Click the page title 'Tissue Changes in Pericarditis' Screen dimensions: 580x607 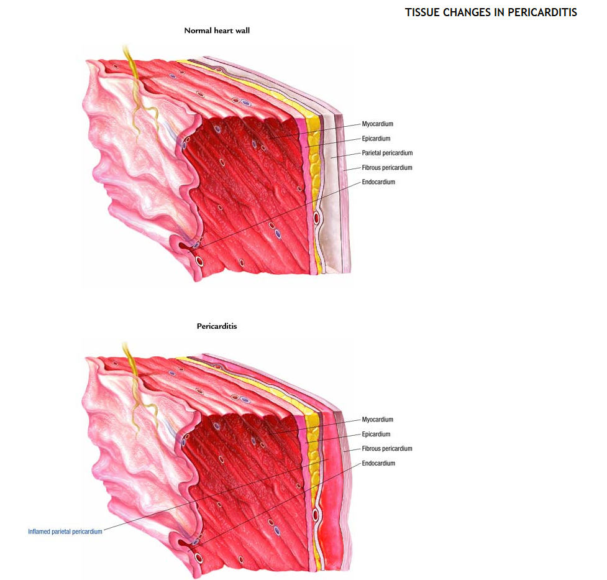[491, 12]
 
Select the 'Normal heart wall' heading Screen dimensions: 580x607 [216, 30]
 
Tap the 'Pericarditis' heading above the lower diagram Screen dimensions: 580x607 [217, 326]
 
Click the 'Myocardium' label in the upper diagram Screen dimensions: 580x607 [378, 124]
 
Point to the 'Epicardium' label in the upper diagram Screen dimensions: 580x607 [377, 139]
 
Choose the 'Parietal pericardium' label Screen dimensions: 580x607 [387, 153]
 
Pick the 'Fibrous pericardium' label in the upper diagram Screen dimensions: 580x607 [387, 168]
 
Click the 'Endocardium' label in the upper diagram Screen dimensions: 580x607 [378, 182]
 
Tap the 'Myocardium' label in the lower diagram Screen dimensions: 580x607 [378, 420]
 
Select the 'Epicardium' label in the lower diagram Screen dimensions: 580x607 [377, 434]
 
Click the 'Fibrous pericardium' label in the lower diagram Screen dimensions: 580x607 [387, 448]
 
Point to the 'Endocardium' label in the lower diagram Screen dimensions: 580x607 [378, 463]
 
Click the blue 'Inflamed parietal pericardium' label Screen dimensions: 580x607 [65, 532]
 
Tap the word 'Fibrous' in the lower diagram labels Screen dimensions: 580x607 [372, 448]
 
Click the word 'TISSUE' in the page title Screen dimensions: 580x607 [421, 12]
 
